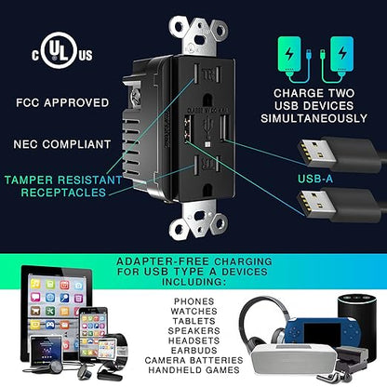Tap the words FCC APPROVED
pyautogui.click(x=62, y=102)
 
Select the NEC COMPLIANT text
pyautogui.click(x=62, y=144)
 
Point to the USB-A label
pyautogui.click(x=315, y=179)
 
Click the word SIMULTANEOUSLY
pyautogui.click(x=314, y=118)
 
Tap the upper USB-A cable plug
pyautogui.click(x=338, y=153)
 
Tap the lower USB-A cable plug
pyautogui.click(x=338, y=206)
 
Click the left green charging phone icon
pyautogui.click(x=289, y=55)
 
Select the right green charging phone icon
pyautogui.click(x=341, y=55)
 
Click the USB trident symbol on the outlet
pyautogui.click(x=207, y=127)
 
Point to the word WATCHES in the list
pyautogui.click(x=193, y=312)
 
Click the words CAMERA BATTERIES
pyautogui.click(x=193, y=360)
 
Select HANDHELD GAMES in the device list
pyautogui.click(x=193, y=370)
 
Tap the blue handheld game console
pyautogui.click(x=323, y=332)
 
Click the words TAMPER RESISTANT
pyautogui.click(x=63, y=180)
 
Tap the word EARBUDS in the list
pyautogui.click(x=193, y=351)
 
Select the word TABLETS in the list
pyautogui.click(x=193, y=321)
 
